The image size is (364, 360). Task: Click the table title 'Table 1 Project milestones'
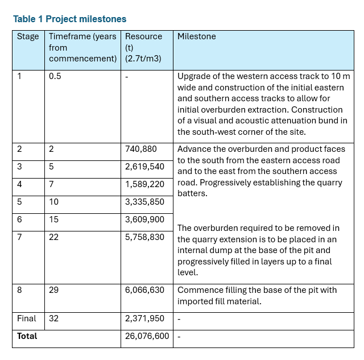click(x=70, y=19)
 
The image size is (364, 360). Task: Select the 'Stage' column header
click(x=28, y=36)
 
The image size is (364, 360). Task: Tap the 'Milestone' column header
click(x=197, y=36)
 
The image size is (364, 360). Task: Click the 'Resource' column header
click(x=143, y=36)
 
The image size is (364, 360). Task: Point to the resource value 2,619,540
click(x=144, y=167)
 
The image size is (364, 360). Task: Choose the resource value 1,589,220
click(x=144, y=184)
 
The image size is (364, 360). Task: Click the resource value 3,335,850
click(x=144, y=202)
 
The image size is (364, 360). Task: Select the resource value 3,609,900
click(x=144, y=220)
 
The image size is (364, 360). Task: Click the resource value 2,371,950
click(x=144, y=318)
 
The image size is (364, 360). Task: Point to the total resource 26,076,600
click(x=147, y=336)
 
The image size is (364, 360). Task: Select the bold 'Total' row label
click(x=27, y=336)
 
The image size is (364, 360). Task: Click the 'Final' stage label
click(x=26, y=318)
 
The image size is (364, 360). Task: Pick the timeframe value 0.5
click(x=55, y=76)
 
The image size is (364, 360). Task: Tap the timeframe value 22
click(x=53, y=237)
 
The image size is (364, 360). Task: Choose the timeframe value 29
click(x=53, y=290)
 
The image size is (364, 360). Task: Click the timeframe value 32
click(x=53, y=318)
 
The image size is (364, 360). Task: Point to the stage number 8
click(x=19, y=290)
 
